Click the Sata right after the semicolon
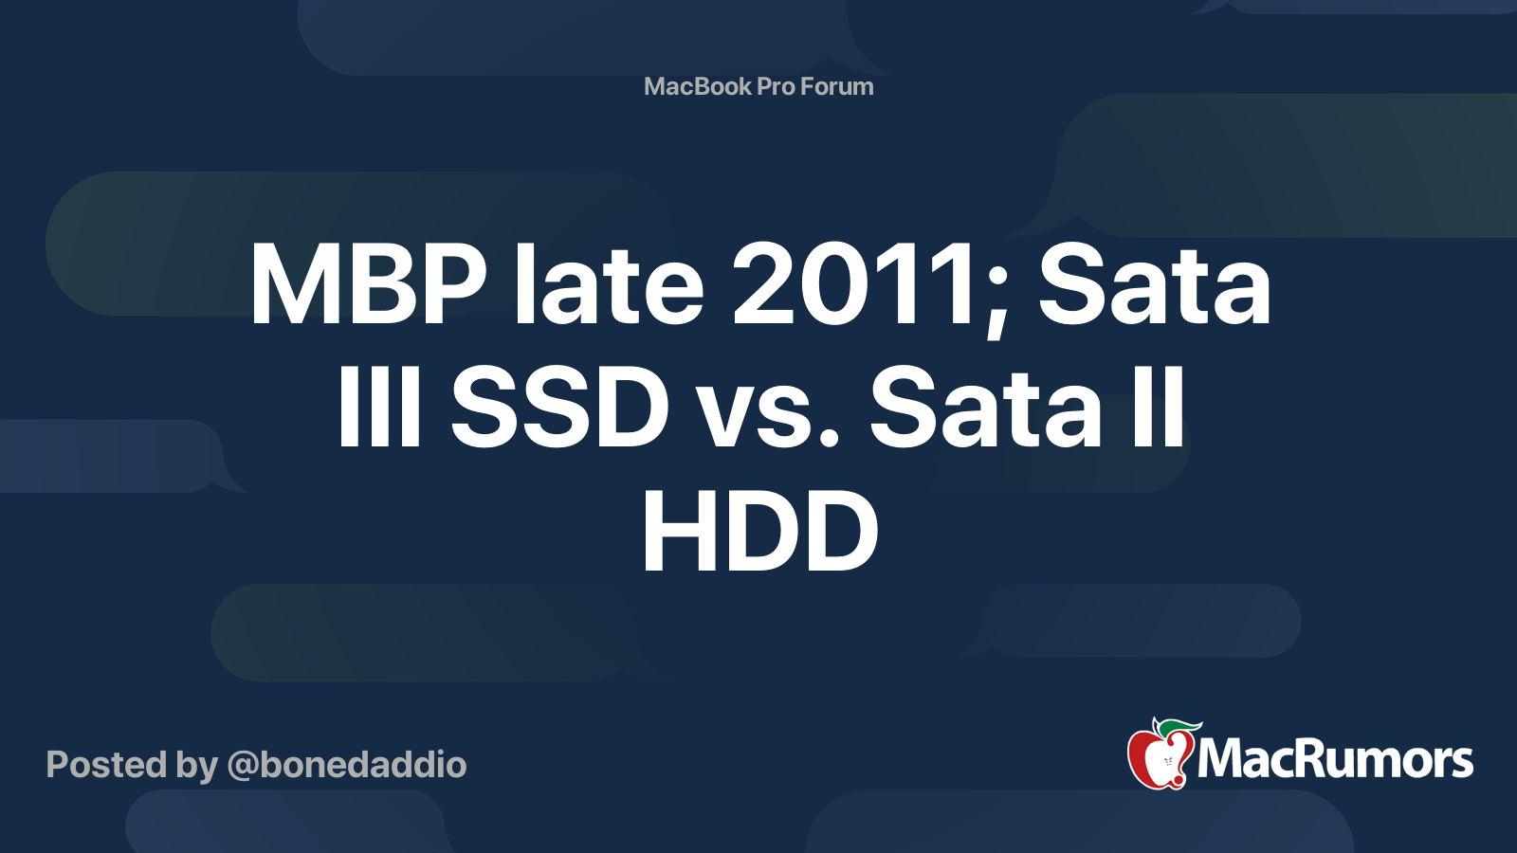1154,284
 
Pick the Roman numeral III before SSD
380,407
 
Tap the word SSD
559,407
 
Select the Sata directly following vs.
985,407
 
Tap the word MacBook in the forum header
698,86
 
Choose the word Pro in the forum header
777,86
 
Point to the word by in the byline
197,768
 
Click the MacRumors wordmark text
1335,759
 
